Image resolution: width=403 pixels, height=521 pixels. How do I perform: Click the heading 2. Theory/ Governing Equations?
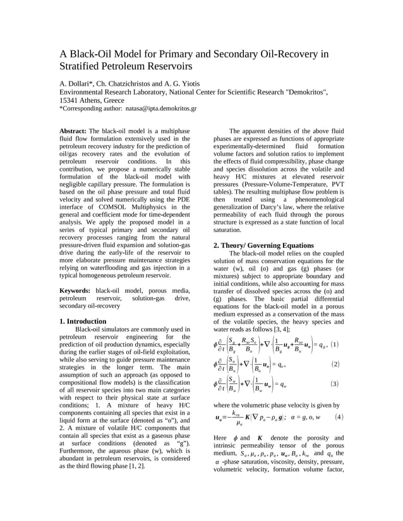click(263, 245)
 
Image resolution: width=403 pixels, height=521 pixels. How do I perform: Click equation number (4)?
click(339, 417)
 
